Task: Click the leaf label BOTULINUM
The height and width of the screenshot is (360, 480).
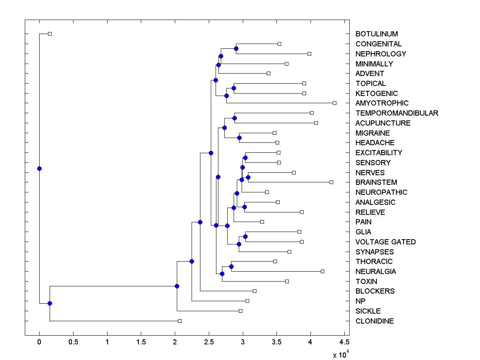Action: [x=376, y=34]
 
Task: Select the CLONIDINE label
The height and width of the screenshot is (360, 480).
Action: [x=374, y=321]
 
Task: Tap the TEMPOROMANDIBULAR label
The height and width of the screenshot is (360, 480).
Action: [x=397, y=113]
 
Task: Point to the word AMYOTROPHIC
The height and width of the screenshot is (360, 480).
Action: [x=382, y=103]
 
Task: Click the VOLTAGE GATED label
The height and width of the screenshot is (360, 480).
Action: [x=385, y=242]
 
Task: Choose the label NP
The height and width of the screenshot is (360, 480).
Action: [x=360, y=301]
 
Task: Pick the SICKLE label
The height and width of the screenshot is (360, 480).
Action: [x=368, y=311]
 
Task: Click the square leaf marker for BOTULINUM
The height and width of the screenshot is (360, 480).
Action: [x=50, y=34]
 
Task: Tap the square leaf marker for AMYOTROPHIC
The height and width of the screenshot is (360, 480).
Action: [x=334, y=103]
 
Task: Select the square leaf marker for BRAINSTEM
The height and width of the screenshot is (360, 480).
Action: [x=331, y=182]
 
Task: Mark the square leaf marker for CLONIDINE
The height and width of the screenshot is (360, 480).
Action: [x=180, y=321]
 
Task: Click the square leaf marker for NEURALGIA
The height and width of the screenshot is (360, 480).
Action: [x=322, y=271]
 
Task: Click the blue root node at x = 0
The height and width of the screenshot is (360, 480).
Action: [x=39, y=168]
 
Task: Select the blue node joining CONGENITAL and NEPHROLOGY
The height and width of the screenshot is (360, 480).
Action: [x=236, y=48]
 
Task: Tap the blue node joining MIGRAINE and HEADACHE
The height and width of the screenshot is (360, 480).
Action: [x=239, y=138]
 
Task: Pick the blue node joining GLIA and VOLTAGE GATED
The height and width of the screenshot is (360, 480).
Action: [x=245, y=236]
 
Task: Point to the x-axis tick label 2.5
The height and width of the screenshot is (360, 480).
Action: [x=209, y=342]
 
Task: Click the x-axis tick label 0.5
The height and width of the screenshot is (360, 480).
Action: [x=73, y=342]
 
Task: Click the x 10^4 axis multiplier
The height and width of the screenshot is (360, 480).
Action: [x=341, y=354]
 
